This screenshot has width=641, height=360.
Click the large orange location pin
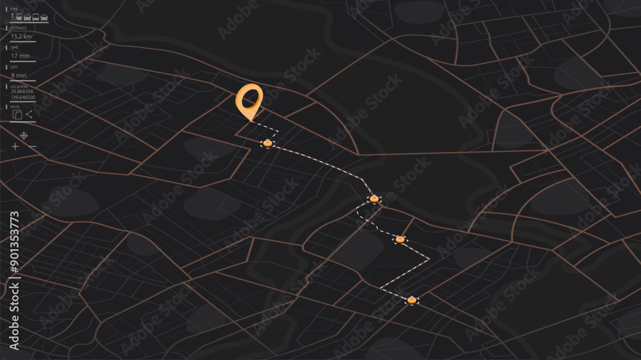point(249,100)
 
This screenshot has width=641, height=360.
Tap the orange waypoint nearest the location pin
point(268,143)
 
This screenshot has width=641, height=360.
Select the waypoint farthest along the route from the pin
point(412,300)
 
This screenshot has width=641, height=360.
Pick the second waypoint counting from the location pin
point(374,199)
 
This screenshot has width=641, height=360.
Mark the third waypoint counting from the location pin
point(400,240)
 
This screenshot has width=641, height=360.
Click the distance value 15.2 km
point(22,36)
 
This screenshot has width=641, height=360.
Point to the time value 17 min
point(21,56)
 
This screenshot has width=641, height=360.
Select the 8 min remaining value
point(19,75)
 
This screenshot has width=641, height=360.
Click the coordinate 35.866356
point(22,92)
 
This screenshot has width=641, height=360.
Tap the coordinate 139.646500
point(23,97)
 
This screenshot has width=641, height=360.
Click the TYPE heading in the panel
point(14,9)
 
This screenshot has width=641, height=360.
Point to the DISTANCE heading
point(18,28)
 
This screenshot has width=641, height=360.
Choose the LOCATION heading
point(19,86)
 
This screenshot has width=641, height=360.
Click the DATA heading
point(15,106)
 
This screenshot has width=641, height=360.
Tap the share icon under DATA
point(29,114)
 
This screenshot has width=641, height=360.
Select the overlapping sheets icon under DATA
point(17,115)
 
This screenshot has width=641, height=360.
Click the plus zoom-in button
point(15,147)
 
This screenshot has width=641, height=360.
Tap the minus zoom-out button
point(33,147)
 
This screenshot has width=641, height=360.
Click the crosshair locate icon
point(24,135)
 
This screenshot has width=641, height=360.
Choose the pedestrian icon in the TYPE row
point(13,17)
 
